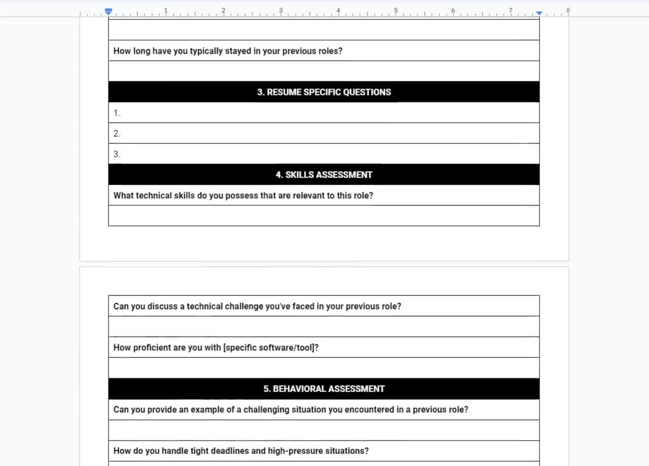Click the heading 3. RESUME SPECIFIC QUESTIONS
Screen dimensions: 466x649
[x=323, y=92]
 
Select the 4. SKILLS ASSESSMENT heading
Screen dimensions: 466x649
[x=323, y=175]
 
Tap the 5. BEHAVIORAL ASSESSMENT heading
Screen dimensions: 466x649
[x=323, y=389]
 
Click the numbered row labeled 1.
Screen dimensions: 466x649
[x=117, y=113]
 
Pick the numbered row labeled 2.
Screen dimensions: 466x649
[x=117, y=134]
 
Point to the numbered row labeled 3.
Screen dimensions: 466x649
[x=117, y=154]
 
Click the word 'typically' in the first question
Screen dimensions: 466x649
[x=206, y=51]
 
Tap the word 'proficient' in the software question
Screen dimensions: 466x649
[x=152, y=348]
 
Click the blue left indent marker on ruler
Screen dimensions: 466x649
[x=108, y=11]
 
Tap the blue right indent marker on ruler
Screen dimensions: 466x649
[x=539, y=13]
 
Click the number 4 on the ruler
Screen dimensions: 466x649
[x=338, y=10]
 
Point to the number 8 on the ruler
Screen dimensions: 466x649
[x=568, y=10]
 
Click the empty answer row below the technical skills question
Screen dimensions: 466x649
[x=323, y=216]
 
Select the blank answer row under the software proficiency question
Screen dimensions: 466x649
[x=323, y=368]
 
